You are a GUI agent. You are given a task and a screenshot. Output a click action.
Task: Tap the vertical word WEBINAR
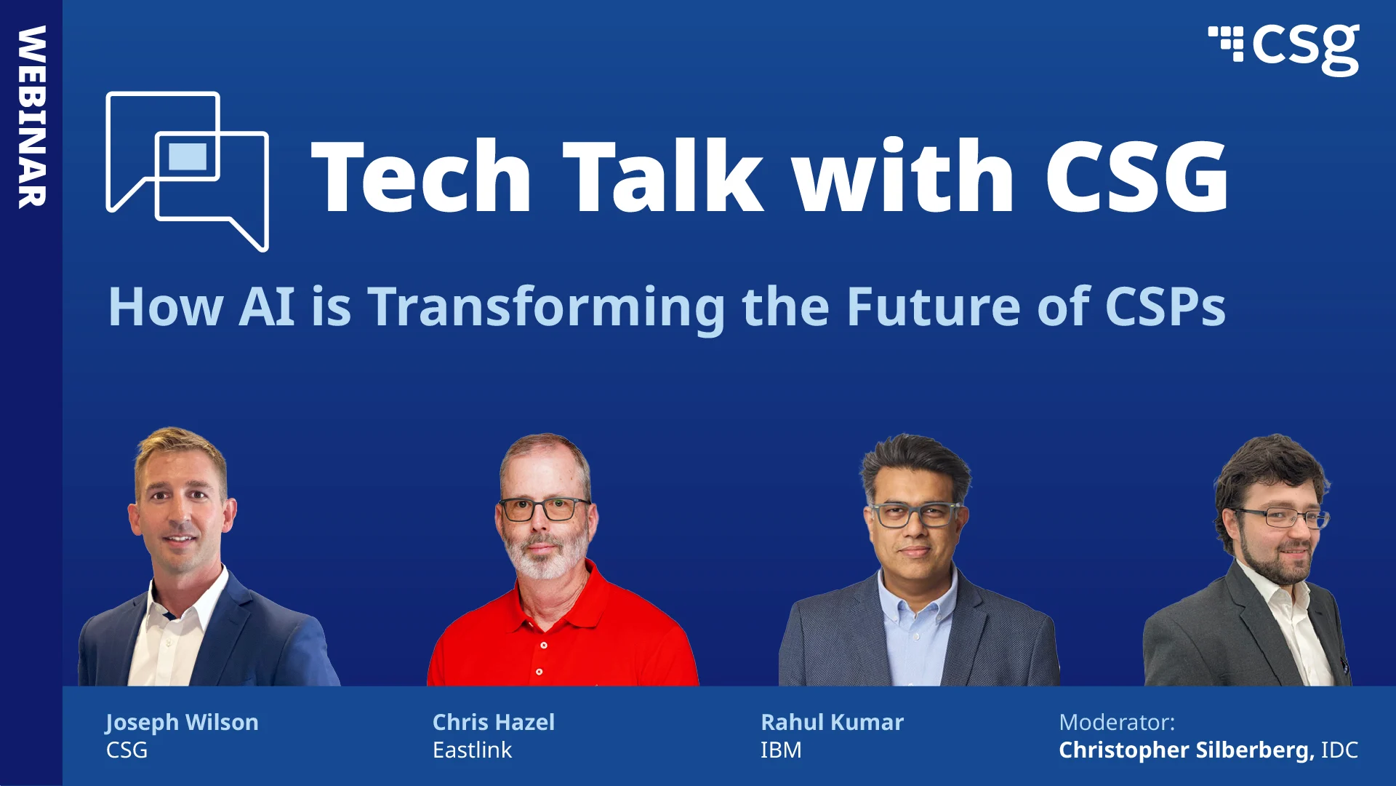tap(32, 116)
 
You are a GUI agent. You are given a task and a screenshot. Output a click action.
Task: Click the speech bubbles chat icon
tap(188, 171)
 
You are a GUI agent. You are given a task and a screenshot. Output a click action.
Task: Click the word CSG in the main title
tap(1136, 177)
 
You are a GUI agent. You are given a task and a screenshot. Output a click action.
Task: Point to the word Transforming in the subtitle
tap(546, 307)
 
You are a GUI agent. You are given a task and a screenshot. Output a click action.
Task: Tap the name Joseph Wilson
tap(182, 722)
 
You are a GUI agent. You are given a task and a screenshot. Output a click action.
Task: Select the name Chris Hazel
tap(493, 722)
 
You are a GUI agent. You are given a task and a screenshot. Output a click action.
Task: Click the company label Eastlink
tap(472, 750)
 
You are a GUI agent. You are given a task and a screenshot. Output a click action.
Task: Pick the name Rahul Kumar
tap(832, 722)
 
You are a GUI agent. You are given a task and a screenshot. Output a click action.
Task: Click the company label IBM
tap(780, 750)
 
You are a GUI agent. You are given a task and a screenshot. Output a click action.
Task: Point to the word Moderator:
tap(1116, 722)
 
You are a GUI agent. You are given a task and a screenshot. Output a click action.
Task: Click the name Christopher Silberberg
tap(1186, 750)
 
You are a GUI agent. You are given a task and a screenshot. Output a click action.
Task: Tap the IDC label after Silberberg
tap(1339, 750)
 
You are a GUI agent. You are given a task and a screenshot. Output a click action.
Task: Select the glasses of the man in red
tap(544, 509)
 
